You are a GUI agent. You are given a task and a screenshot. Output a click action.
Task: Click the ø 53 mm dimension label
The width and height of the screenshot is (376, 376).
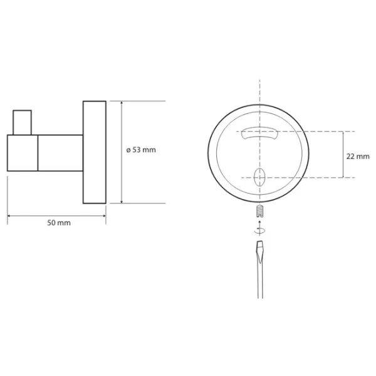141,150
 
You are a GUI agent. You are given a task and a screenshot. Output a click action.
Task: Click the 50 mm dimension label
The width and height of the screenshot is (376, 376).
59,222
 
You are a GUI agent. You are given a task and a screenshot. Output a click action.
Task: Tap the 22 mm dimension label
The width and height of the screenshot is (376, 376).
358,156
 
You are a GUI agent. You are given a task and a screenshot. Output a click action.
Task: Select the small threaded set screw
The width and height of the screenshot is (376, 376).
259,211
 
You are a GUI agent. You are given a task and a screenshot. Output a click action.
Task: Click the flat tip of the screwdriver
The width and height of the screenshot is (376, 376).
260,242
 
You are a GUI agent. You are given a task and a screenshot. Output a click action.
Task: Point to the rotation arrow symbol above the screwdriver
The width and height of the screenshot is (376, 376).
259,230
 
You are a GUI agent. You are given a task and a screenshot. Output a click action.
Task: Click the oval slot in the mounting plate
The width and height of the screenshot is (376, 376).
259,177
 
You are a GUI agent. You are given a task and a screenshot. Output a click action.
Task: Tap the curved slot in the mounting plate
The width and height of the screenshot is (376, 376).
259,133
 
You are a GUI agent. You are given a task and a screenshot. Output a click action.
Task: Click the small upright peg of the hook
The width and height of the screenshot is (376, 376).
22,123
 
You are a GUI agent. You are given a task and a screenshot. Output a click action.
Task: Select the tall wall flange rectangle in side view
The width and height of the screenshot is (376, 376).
95,152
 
